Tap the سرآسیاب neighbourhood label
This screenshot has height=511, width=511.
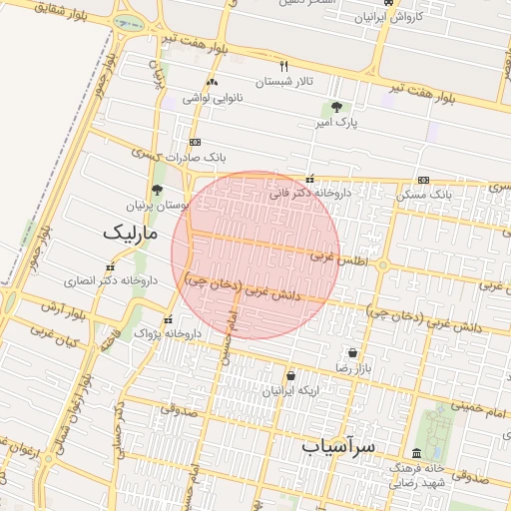(x=339, y=447)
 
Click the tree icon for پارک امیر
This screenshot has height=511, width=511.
(x=336, y=107)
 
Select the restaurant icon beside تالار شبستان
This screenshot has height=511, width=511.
(x=284, y=66)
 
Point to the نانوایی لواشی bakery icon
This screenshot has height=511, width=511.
(x=212, y=83)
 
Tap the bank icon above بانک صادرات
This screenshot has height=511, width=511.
(x=195, y=142)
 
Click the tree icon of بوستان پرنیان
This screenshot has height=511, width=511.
(x=157, y=189)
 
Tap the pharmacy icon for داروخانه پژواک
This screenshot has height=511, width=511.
(x=168, y=319)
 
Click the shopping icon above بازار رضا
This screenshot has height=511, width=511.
(x=353, y=352)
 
